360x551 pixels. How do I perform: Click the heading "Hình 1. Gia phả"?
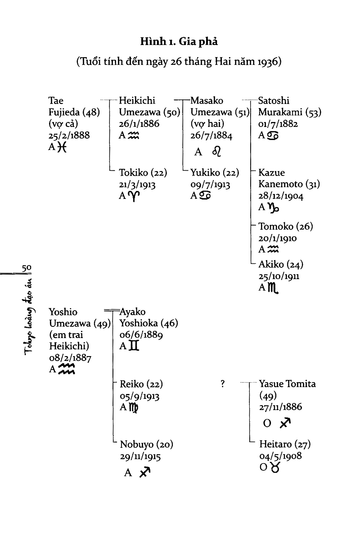[179, 42]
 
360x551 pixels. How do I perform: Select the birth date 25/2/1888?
[69, 135]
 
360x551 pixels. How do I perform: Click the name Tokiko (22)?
[143, 172]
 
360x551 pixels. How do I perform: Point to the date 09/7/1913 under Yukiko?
[210, 184]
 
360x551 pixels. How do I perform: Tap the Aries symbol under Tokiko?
[134, 196]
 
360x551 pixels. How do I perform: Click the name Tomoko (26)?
[285, 226]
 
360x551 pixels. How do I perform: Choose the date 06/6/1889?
[141, 335]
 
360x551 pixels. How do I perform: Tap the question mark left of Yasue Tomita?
[222, 384]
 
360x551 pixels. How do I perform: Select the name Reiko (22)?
[141, 384]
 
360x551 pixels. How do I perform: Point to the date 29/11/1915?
[140, 456]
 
